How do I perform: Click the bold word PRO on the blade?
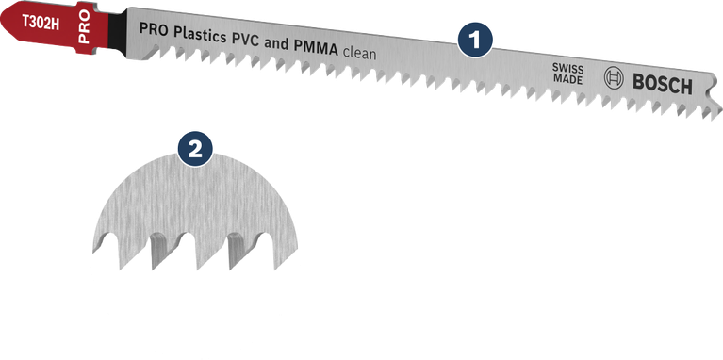point(156,29)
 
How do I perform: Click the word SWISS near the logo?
point(567,72)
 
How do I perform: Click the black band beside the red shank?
point(109,23)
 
